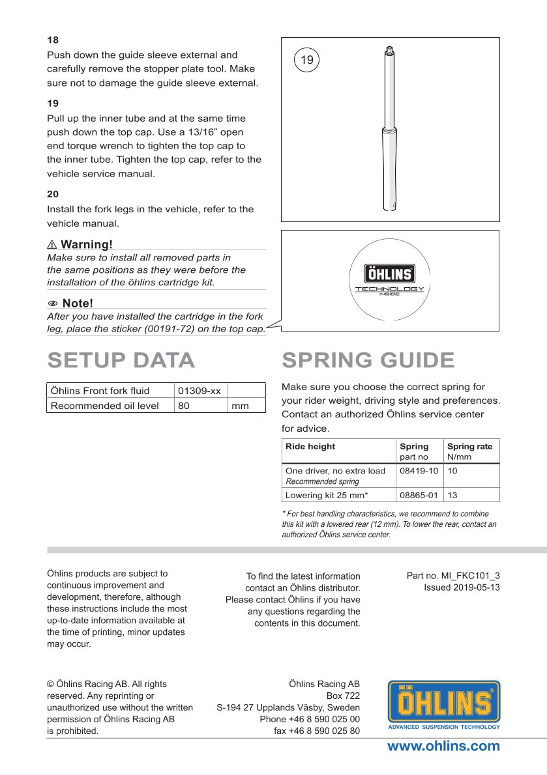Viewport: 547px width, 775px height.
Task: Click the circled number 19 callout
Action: (307, 61)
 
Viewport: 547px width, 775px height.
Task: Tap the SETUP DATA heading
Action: (121, 360)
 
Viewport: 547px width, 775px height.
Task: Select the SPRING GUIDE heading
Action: (368, 360)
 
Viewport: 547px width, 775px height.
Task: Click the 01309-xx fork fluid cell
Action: (200, 391)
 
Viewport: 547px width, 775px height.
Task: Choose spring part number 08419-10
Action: (419, 470)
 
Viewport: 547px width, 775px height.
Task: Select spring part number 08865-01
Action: (419, 495)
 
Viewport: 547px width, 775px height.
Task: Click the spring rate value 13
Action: (452, 495)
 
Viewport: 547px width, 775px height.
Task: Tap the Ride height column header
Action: (310, 446)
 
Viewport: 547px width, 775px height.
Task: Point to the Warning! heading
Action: (86, 244)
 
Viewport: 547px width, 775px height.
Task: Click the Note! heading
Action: (77, 303)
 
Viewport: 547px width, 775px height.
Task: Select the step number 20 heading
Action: (53, 194)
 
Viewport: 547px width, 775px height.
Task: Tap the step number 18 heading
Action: (53, 40)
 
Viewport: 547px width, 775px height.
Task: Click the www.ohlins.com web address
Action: (443, 746)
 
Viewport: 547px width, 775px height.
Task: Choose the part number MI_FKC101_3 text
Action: (453, 576)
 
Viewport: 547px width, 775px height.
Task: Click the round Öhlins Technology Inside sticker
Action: (389, 280)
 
